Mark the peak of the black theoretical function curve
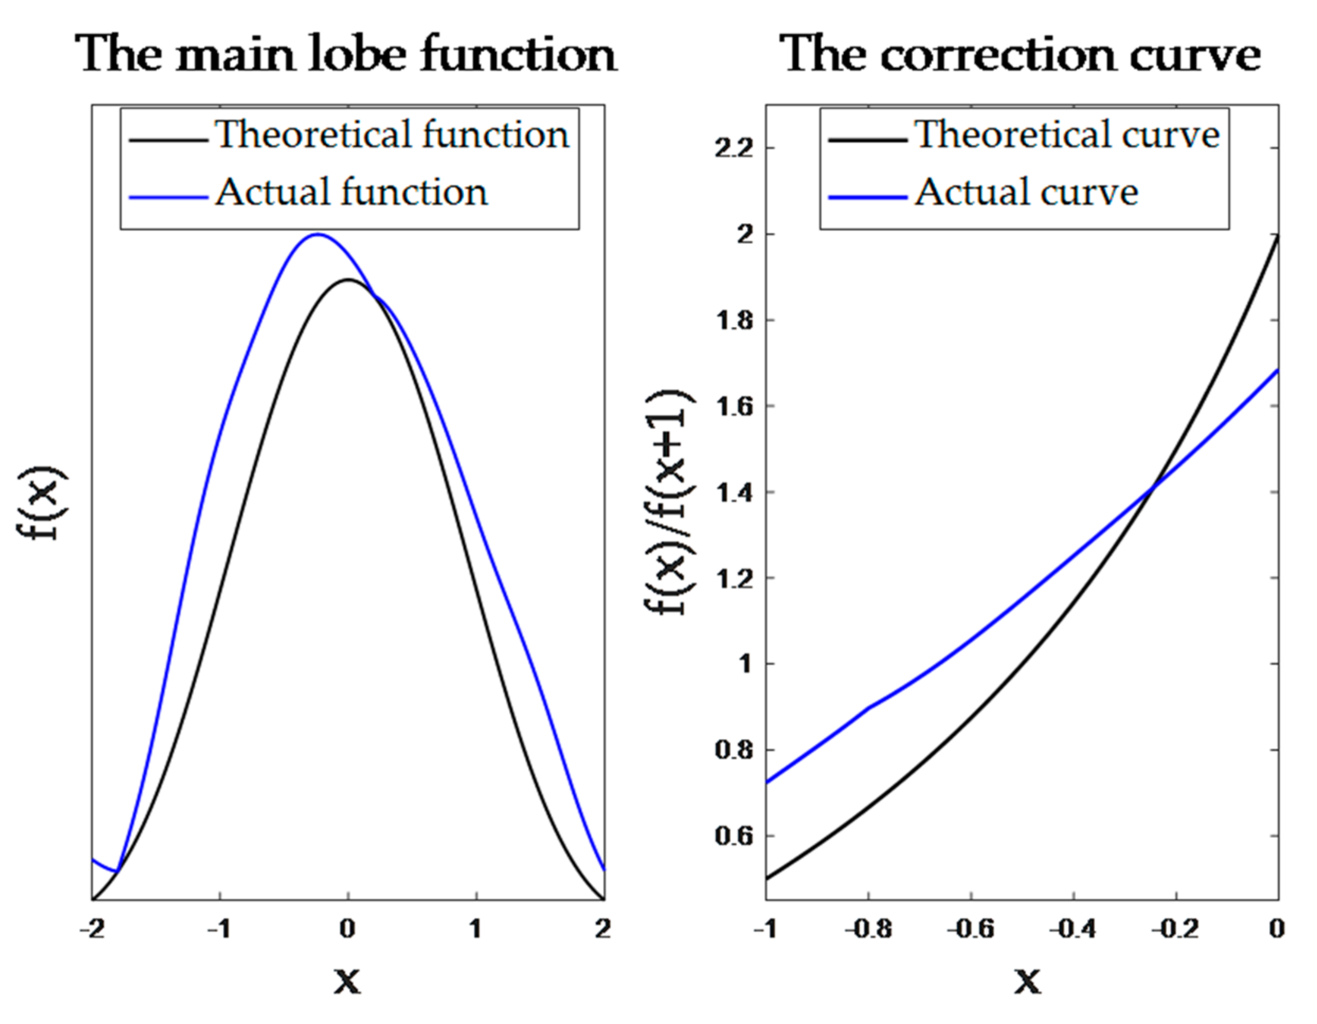[x=348, y=280]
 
